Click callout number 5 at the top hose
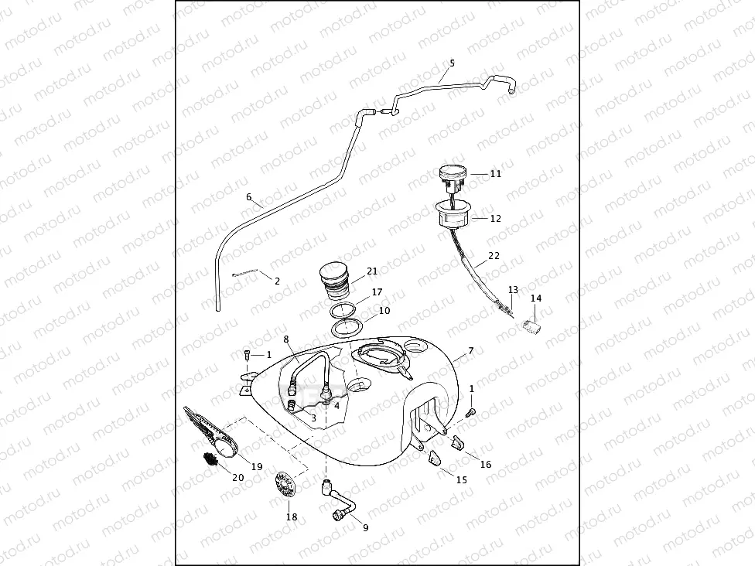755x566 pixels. (x=452, y=63)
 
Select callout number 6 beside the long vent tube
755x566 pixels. (x=249, y=196)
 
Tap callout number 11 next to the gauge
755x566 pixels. (x=496, y=174)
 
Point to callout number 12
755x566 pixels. (x=496, y=219)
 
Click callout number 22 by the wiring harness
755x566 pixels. (x=494, y=255)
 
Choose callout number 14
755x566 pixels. (x=536, y=298)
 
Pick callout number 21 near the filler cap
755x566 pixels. (x=372, y=271)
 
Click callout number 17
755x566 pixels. (x=377, y=292)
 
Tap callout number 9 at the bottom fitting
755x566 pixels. (x=365, y=528)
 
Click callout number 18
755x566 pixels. (x=292, y=517)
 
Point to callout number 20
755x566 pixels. (x=237, y=478)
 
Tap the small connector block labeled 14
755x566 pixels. (x=531, y=322)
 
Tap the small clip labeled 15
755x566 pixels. (x=435, y=458)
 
